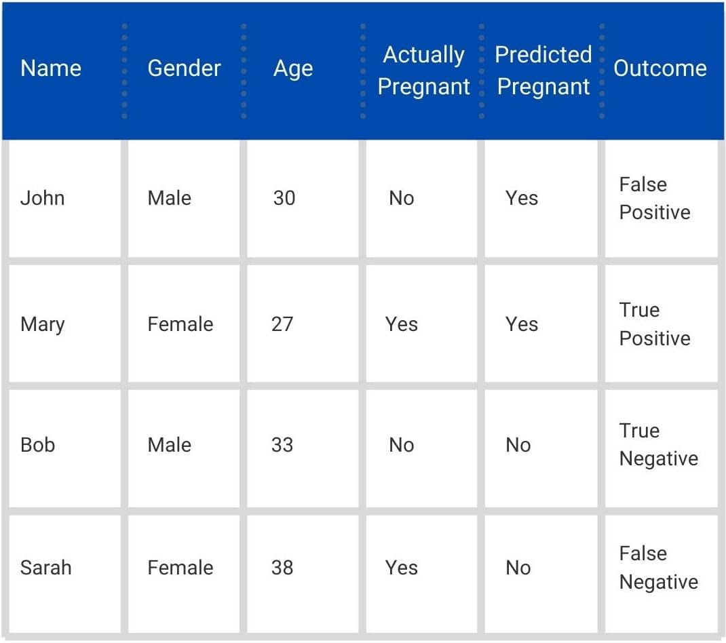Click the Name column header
(51, 69)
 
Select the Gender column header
(185, 69)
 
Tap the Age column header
(293, 69)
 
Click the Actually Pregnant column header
(423, 71)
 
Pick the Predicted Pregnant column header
(543, 71)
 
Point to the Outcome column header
(660, 69)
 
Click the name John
(43, 198)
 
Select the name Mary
(43, 324)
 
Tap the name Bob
(38, 445)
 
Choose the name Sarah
(46, 568)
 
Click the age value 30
(284, 198)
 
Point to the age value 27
(282, 324)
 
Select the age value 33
(282, 445)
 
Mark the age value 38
(282, 568)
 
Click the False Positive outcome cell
(655, 199)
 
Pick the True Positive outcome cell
(655, 324)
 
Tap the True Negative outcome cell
(659, 445)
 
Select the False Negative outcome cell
(659, 568)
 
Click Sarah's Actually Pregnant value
(402, 568)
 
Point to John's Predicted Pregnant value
(522, 198)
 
